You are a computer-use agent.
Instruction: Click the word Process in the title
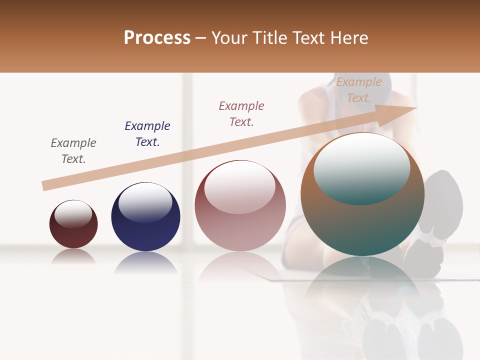[x=157, y=38]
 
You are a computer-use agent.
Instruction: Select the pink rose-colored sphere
[x=240, y=220]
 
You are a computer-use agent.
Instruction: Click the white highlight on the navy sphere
[x=145, y=202]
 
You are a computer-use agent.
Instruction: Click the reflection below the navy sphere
[x=145, y=262]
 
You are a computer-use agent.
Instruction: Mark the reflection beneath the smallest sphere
[x=73, y=256]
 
